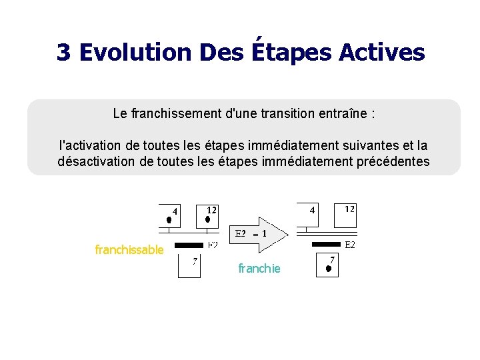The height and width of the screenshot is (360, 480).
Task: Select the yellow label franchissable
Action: point(129,250)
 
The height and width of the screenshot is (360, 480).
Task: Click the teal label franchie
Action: point(259,269)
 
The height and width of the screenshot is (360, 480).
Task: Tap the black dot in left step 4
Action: point(169,219)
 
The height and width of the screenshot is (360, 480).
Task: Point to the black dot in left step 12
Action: point(207,219)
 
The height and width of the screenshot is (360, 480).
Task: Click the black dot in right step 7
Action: point(329,269)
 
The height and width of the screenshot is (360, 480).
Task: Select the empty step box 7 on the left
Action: point(189,265)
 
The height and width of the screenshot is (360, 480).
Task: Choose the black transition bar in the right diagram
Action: point(327,245)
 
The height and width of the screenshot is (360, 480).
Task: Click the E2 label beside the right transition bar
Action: point(349,245)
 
